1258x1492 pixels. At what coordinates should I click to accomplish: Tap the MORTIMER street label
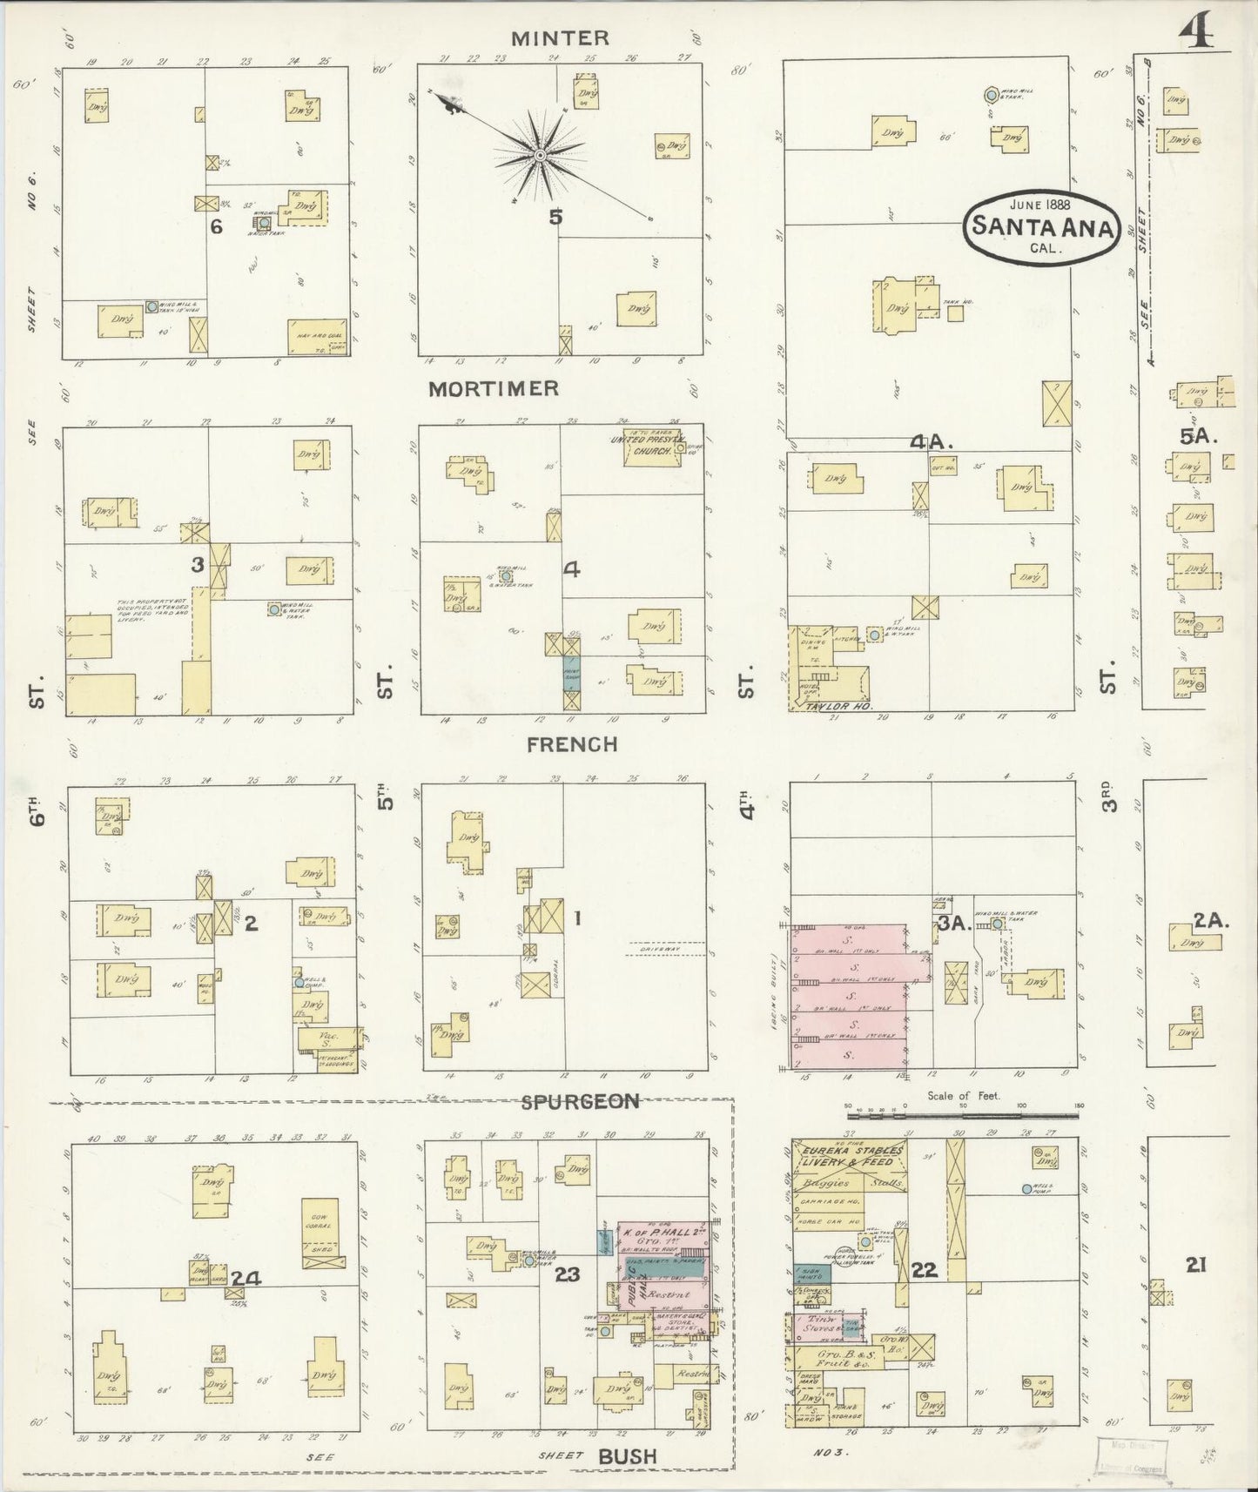(493, 388)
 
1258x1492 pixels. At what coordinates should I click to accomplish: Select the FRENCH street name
(572, 744)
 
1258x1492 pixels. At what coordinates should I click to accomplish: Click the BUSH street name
(627, 1456)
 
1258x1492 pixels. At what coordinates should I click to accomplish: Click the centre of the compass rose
(540, 155)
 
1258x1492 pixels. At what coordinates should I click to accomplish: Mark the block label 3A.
(954, 924)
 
